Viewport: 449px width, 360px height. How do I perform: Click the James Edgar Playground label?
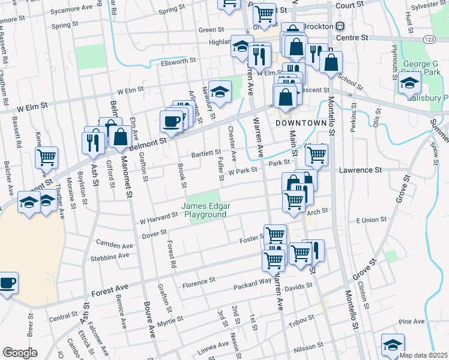pos(206,210)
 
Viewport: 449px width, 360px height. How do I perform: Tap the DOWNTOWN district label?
pos(304,122)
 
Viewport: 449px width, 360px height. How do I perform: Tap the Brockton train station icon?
pos(340,26)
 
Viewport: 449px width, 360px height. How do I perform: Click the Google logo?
pos(20,353)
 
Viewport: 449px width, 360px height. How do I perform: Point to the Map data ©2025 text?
pos(424,355)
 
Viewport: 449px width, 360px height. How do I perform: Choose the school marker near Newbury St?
pos(220,91)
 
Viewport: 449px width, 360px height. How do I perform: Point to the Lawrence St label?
pos(360,170)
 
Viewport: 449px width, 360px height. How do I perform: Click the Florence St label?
pos(199,281)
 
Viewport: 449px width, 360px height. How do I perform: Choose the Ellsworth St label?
pos(178,61)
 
